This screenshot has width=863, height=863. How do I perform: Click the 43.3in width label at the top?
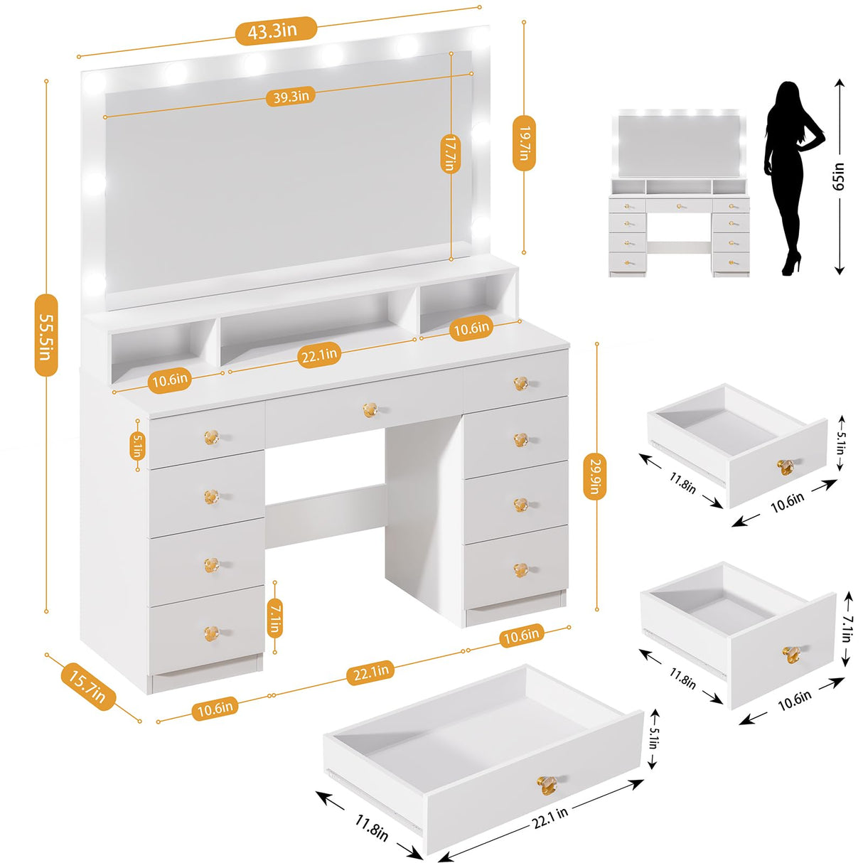pyautogui.click(x=272, y=31)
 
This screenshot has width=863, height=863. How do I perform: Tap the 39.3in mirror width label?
pyautogui.click(x=291, y=96)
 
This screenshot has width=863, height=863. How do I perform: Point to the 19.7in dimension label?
pyautogui.click(x=523, y=143)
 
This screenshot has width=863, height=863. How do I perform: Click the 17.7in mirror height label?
pyautogui.click(x=450, y=154)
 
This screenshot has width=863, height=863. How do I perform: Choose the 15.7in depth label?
pyautogui.click(x=87, y=684)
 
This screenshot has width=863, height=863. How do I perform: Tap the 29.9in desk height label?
pyautogui.click(x=596, y=476)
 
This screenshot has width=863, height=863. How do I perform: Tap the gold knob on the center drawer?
pyautogui.click(x=370, y=410)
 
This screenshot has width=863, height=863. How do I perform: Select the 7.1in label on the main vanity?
pyautogui.click(x=274, y=616)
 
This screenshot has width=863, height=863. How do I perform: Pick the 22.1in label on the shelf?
pyautogui.click(x=318, y=354)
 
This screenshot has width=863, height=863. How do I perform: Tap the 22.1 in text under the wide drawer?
pyautogui.click(x=551, y=813)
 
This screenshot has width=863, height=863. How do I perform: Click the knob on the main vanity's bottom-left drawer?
pyautogui.click(x=211, y=631)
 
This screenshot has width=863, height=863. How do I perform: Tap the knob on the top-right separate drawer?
pyautogui.click(x=786, y=467)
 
